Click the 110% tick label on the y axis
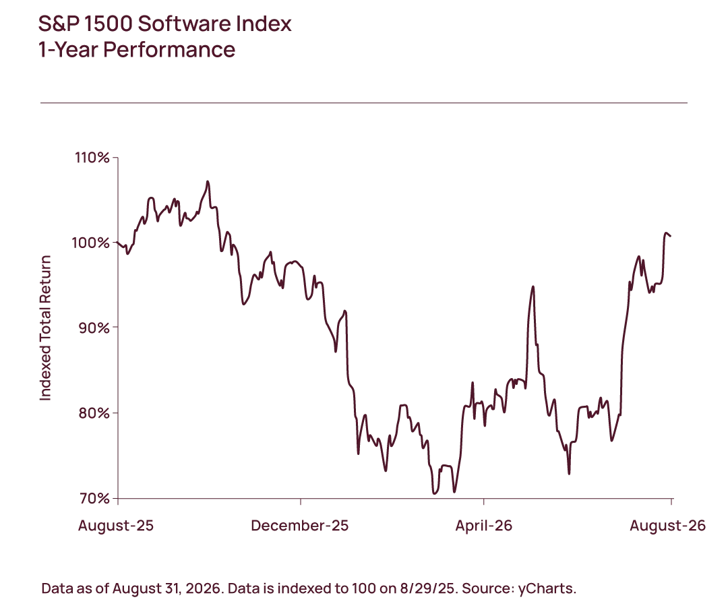(92, 158)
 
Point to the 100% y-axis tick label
(91, 243)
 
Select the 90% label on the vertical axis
(94, 328)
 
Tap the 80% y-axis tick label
(94, 412)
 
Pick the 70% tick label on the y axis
(94, 498)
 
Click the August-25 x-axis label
(116, 525)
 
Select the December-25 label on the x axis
(300, 525)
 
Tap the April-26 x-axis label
(484, 525)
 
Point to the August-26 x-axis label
(667, 525)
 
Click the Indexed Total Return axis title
(45, 328)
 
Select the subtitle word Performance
(169, 50)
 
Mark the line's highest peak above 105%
(208, 181)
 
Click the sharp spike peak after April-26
(533, 287)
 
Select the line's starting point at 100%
(118, 243)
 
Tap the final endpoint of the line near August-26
(671, 236)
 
